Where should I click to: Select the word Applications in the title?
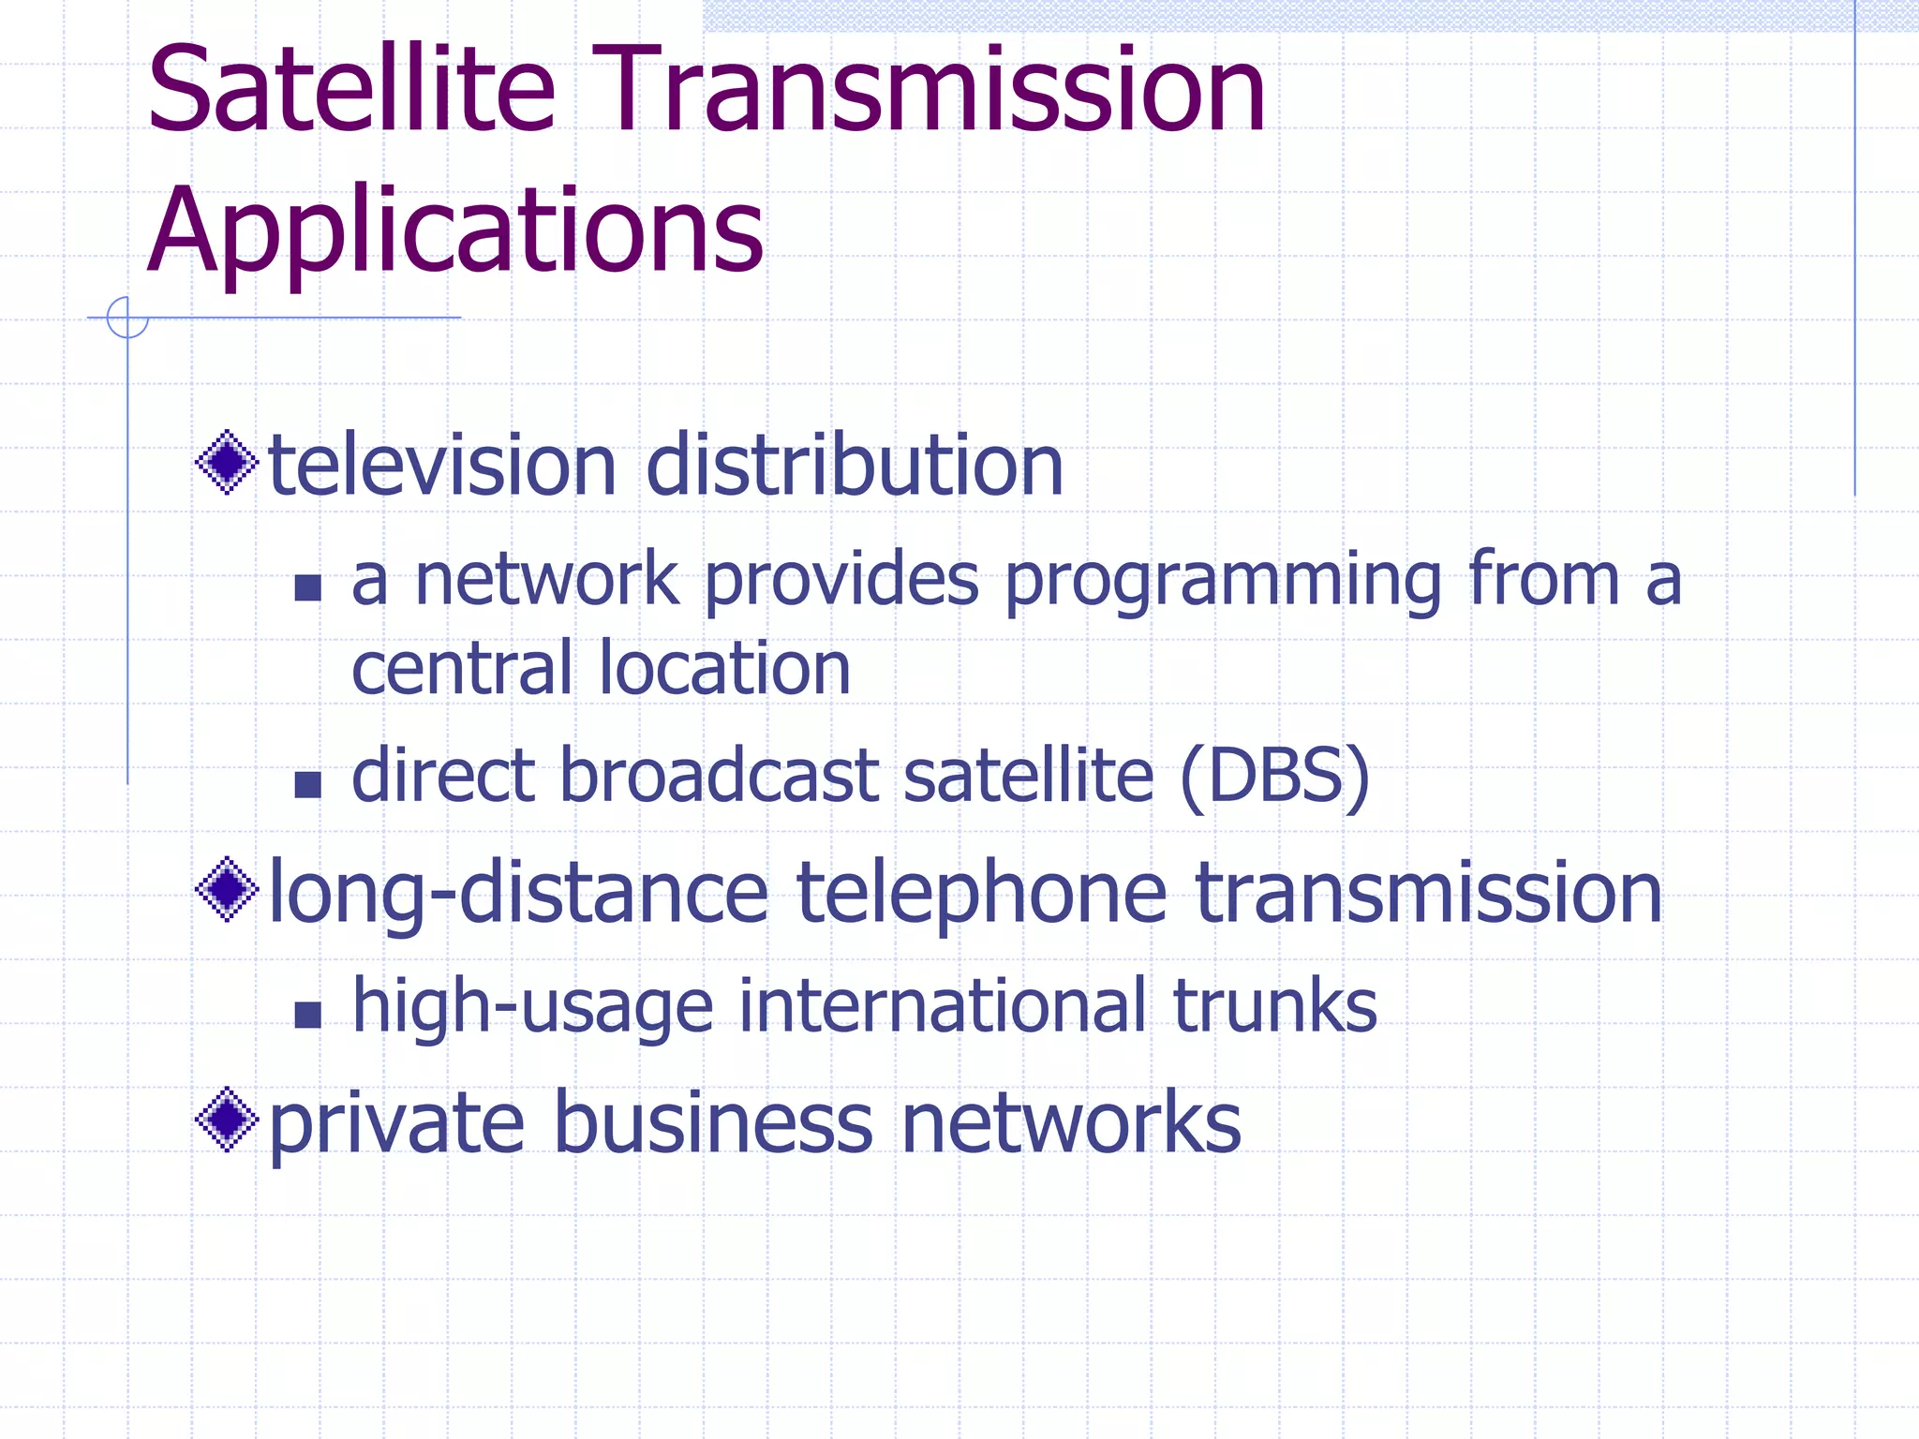[455, 231]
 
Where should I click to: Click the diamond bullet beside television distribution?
[227, 462]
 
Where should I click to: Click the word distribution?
[855, 466]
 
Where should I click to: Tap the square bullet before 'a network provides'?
[307, 587]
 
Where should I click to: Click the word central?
[461, 669]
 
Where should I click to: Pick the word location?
[724, 669]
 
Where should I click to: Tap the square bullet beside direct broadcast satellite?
[307, 784]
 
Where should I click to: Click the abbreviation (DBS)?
[1274, 778]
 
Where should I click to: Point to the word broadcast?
[719, 778]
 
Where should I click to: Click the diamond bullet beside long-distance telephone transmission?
[227, 889]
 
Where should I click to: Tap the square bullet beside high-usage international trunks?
[307, 1015]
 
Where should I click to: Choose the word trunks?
[1274, 1006]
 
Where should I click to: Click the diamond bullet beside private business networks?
[227, 1119]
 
